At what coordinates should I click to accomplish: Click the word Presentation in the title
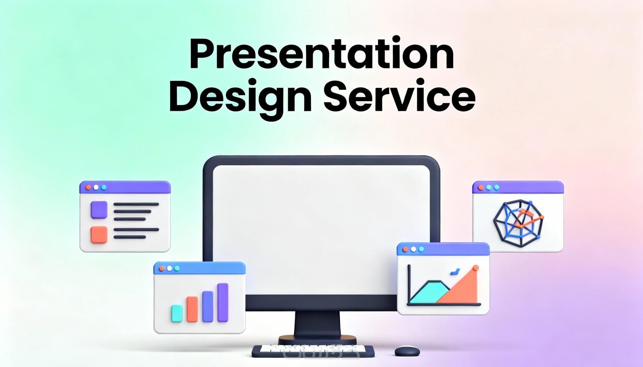click(322, 53)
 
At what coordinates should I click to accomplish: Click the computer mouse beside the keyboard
click(407, 351)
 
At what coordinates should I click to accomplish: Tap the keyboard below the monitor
click(313, 351)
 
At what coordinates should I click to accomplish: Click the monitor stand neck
click(317, 325)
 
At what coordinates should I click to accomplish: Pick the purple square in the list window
click(99, 210)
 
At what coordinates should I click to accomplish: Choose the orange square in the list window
click(99, 235)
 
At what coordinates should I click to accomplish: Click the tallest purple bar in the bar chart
click(223, 302)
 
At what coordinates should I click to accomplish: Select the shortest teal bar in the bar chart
click(177, 313)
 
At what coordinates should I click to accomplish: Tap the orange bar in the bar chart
click(192, 309)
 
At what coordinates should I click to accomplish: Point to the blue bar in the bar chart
click(208, 306)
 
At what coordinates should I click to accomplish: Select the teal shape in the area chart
click(429, 292)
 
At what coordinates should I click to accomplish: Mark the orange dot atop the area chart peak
click(476, 268)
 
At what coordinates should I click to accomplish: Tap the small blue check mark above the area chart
click(455, 272)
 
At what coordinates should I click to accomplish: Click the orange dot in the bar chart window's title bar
click(162, 269)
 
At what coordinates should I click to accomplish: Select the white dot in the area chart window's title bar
click(413, 249)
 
